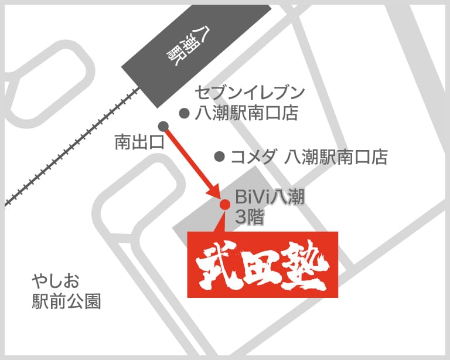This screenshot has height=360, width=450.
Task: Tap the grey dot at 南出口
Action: click(x=163, y=126)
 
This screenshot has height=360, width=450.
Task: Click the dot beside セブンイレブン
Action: click(x=184, y=113)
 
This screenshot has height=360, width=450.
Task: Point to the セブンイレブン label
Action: click(x=250, y=93)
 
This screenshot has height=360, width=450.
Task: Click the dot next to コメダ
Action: click(x=220, y=157)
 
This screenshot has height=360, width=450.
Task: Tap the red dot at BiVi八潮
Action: click(x=224, y=204)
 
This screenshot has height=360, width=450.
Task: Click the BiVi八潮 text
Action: click(x=269, y=197)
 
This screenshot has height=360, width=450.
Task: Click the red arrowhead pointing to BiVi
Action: click(x=215, y=193)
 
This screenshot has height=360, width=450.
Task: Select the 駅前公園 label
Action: click(x=66, y=301)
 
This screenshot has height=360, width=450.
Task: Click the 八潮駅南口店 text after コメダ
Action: click(x=336, y=157)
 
